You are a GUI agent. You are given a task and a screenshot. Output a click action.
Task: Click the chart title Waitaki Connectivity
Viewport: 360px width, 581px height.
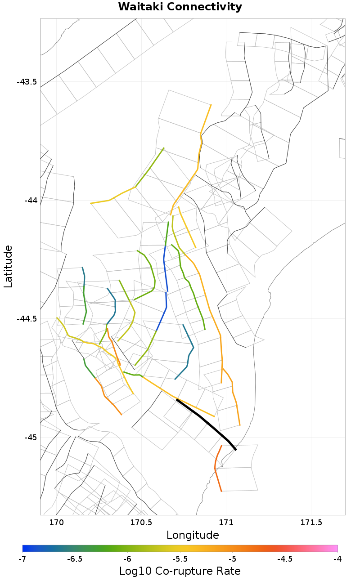(x=180, y=7)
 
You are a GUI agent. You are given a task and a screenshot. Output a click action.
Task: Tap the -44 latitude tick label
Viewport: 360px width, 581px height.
(x=30, y=200)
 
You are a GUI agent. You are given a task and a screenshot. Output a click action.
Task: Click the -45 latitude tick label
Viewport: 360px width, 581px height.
(x=30, y=438)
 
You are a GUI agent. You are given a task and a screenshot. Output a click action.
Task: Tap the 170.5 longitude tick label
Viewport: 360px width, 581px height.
(x=141, y=523)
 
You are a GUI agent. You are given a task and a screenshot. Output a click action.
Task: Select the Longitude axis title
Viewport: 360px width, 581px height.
(x=193, y=535)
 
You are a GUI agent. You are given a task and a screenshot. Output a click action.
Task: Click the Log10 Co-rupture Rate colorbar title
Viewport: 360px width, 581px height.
(x=180, y=572)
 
